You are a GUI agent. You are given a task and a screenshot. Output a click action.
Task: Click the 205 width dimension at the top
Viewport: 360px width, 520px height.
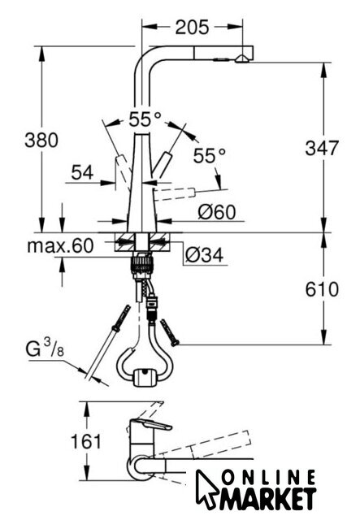[192, 27]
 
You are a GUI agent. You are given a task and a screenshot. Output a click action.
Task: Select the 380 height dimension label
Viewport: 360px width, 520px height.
[41, 140]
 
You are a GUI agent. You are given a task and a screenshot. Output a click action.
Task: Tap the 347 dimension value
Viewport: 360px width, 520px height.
[322, 148]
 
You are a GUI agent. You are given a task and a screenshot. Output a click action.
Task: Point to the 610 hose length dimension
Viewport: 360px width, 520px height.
[322, 289]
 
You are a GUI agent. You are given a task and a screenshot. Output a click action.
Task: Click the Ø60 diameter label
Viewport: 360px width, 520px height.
[217, 212]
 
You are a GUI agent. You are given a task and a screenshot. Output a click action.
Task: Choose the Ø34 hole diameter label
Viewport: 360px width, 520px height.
[205, 254]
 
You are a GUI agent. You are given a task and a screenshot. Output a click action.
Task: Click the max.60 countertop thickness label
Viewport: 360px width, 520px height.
[60, 245]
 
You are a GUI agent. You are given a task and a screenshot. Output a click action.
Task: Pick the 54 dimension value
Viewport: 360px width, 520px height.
[83, 172]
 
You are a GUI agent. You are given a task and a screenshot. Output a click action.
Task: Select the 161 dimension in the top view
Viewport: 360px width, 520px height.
[86, 441]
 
